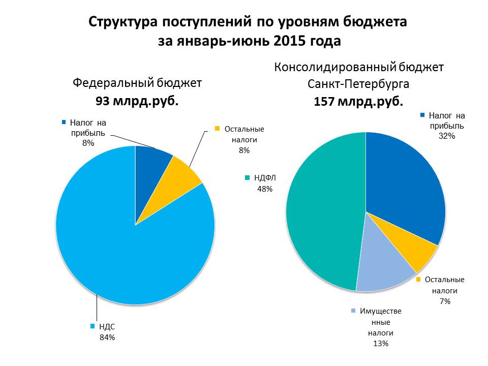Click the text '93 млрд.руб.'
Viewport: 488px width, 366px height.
[137, 101]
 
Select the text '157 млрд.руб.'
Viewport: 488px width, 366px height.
[358, 101]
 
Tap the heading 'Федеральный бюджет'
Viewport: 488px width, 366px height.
[137, 82]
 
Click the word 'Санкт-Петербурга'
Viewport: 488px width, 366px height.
[358, 84]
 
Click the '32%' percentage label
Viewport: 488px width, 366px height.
[447, 136]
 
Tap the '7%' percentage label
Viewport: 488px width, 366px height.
[445, 301]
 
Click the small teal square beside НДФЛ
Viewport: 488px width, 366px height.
[247, 178]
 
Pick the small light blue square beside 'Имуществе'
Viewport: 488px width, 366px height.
[353, 311]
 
